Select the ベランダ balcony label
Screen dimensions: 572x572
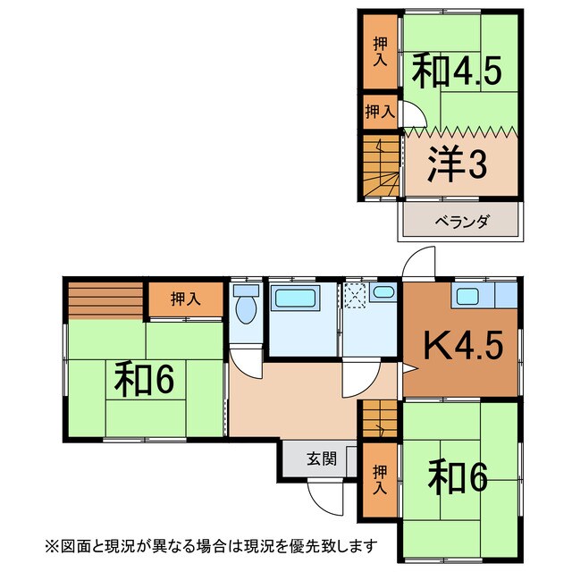tap(461, 222)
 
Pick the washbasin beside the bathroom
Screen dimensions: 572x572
tap(383, 292)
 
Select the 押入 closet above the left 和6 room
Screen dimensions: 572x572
tap(185, 299)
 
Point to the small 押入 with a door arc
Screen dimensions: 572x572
tap(380, 112)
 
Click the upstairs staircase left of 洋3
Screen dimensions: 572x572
tap(381, 170)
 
